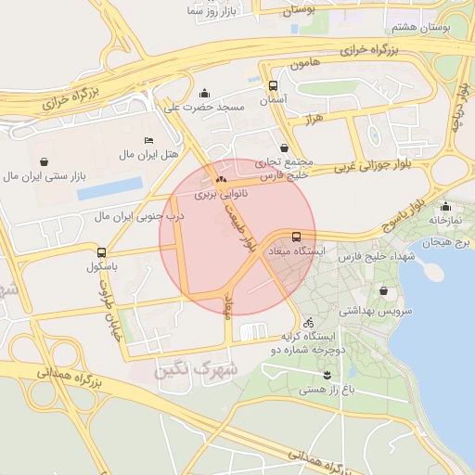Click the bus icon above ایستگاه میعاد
(296, 237)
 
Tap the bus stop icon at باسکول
(101, 252)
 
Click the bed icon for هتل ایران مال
(149, 139)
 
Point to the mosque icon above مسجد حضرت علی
(205, 93)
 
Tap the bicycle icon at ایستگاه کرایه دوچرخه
(308, 323)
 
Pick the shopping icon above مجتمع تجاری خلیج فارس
(283, 148)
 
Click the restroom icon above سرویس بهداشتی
(383, 291)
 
